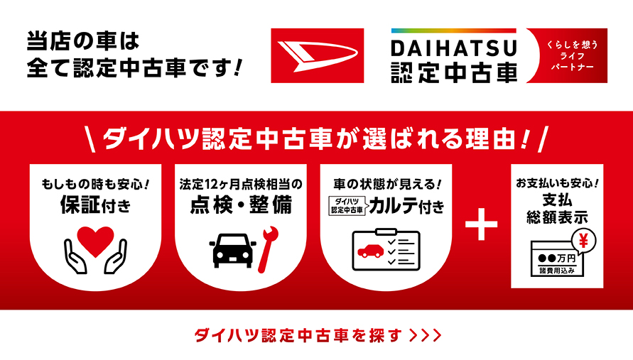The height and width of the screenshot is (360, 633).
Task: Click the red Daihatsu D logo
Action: click(x=317, y=56)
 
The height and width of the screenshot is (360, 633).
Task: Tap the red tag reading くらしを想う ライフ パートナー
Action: click(x=567, y=56)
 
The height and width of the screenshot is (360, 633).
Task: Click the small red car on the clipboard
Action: click(x=370, y=250)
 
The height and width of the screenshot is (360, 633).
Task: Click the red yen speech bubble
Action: click(x=583, y=240)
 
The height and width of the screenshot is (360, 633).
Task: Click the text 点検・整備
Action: click(x=242, y=206)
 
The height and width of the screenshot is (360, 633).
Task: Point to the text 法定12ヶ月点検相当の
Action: click(x=241, y=184)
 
